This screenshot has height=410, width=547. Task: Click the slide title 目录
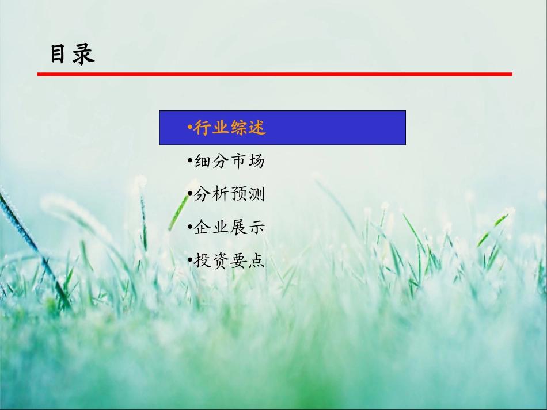click(x=72, y=55)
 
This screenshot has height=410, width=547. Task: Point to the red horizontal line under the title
click(x=275, y=74)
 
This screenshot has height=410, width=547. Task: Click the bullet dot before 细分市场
click(x=190, y=162)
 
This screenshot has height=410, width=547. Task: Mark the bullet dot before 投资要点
click(x=190, y=260)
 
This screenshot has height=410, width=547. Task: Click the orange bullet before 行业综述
click(x=189, y=128)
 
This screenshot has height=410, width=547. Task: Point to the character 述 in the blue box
click(x=257, y=128)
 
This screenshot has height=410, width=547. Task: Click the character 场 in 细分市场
click(x=256, y=162)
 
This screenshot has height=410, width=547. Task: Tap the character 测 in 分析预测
click(x=256, y=194)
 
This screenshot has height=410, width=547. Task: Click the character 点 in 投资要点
click(x=256, y=260)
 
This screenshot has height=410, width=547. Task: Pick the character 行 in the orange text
click(x=202, y=128)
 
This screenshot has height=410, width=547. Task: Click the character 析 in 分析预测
click(x=221, y=194)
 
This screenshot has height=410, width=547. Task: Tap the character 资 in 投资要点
click(x=221, y=260)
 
